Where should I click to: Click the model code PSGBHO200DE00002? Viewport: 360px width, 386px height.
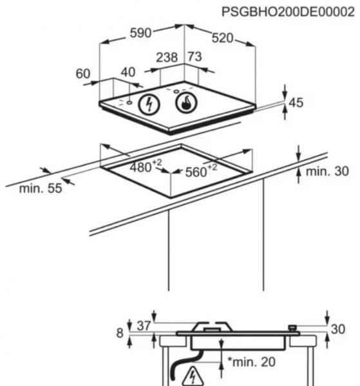[x=288, y=12]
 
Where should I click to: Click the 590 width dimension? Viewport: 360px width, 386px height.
[x=140, y=33]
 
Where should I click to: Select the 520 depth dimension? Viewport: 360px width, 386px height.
[x=222, y=38]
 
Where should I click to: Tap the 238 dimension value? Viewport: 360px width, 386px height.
[x=167, y=57]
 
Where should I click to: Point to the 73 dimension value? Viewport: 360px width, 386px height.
[x=194, y=57]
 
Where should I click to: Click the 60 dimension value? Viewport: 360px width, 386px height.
[x=83, y=73]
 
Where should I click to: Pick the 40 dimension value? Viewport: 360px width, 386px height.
[x=128, y=72]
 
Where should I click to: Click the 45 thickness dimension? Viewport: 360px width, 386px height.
[x=296, y=103]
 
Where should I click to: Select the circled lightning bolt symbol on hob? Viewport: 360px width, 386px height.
[x=149, y=104]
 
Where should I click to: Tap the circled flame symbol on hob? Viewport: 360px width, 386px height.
[x=186, y=103]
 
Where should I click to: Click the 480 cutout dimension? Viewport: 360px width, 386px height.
[x=146, y=166]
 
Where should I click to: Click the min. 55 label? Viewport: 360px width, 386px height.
[x=41, y=188]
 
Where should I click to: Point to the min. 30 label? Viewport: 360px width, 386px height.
[x=327, y=171]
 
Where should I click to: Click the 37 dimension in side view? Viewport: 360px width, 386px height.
[x=144, y=326]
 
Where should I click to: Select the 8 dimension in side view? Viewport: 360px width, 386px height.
[x=120, y=333]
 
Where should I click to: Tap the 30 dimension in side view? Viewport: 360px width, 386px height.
[x=338, y=329]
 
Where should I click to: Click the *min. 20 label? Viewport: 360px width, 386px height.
[x=251, y=362]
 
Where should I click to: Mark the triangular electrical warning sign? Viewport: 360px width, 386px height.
[x=193, y=376]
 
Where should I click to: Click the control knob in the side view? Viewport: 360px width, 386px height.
[x=292, y=328]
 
